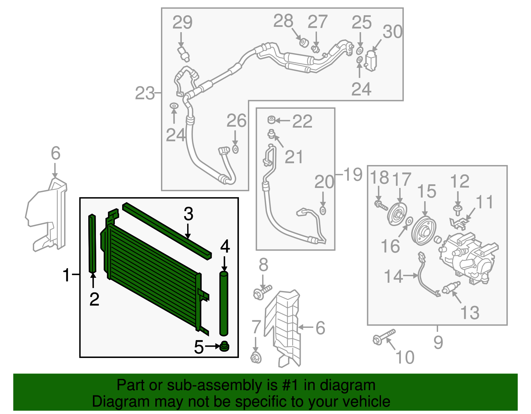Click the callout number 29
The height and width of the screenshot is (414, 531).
[x=183, y=23]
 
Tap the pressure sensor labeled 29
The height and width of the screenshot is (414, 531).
[x=184, y=53]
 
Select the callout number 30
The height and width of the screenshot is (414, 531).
[x=393, y=32]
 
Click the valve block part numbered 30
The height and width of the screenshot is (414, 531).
[x=371, y=60]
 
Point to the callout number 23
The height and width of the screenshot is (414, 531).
[x=145, y=93]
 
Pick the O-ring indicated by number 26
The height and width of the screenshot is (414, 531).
[x=235, y=149]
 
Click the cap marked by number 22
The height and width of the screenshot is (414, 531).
[x=271, y=120]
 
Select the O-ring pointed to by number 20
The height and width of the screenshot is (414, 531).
[x=323, y=210]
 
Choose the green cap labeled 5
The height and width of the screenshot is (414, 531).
[x=225, y=347]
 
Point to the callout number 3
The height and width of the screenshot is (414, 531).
[x=188, y=214]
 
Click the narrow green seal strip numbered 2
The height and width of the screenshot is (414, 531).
[x=92, y=244]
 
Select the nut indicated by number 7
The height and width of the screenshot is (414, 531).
[x=256, y=358]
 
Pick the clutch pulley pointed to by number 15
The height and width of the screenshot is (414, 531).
[x=423, y=231]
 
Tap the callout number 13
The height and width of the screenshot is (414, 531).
[x=470, y=313]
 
